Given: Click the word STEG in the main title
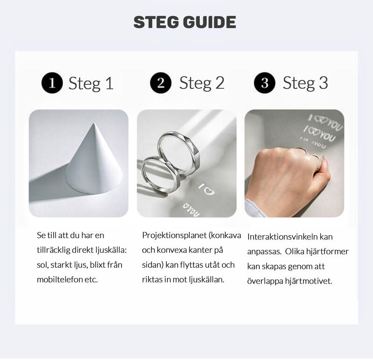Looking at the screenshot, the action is click(x=156, y=22).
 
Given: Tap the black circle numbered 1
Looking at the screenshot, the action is click(x=52, y=83).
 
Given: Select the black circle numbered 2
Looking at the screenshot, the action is click(x=161, y=83).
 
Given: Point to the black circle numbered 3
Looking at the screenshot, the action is click(x=264, y=83).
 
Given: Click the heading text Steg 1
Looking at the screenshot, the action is click(x=91, y=84).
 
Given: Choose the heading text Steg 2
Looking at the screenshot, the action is click(x=202, y=83).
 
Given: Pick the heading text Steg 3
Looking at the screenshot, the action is click(x=305, y=83).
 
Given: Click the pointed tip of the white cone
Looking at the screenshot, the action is click(x=94, y=123).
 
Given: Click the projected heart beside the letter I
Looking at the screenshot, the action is click(x=209, y=190).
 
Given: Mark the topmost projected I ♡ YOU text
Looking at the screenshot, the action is click(x=325, y=122).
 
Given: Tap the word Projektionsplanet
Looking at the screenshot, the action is click(x=174, y=236).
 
